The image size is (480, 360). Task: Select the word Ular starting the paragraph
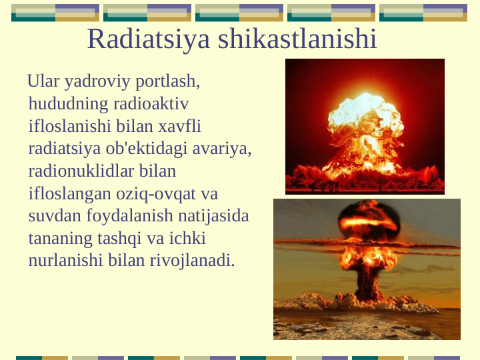pyautogui.click(x=43, y=82)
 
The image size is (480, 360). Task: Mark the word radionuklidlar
pyautogui.click(x=82, y=171)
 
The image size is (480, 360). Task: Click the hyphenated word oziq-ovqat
pyautogui.click(x=157, y=193)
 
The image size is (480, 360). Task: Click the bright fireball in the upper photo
pyautogui.click(x=365, y=117)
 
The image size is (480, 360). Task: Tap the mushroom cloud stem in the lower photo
pyautogui.click(x=369, y=280)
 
